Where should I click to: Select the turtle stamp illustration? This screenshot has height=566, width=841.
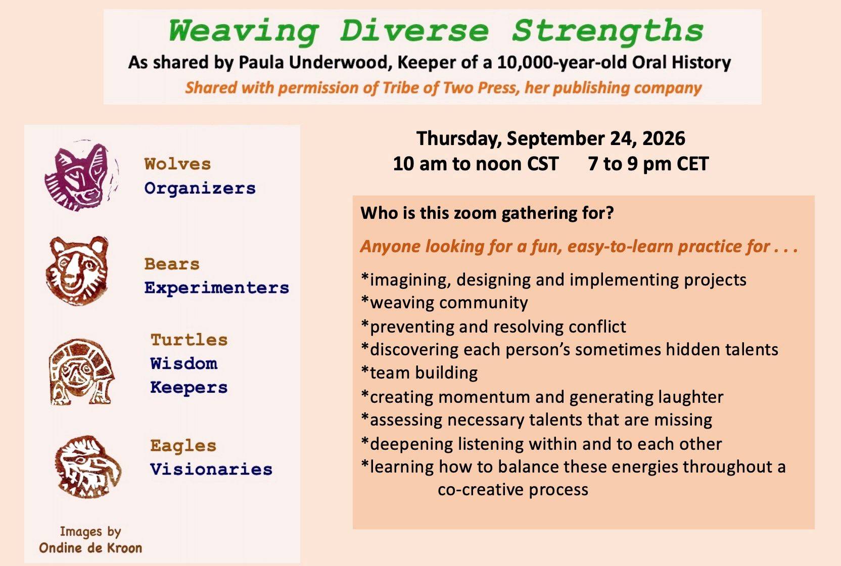81,371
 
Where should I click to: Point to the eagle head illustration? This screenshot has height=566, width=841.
88,466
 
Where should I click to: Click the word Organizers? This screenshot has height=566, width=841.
200,188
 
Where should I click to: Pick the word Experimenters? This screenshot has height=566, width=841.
217,288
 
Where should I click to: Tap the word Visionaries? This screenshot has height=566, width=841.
211,469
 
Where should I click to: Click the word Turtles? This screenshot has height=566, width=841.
189,340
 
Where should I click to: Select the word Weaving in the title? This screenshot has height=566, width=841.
243,31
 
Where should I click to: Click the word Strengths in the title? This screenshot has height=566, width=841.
608,31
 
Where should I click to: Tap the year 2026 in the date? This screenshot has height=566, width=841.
664,138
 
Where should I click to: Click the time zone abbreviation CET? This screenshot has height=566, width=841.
693,164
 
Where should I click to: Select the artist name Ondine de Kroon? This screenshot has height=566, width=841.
90,548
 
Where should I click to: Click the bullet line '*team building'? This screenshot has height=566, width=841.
419,373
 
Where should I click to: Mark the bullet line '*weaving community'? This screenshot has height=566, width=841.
444,303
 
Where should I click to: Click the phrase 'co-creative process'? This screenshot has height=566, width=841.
513,490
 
